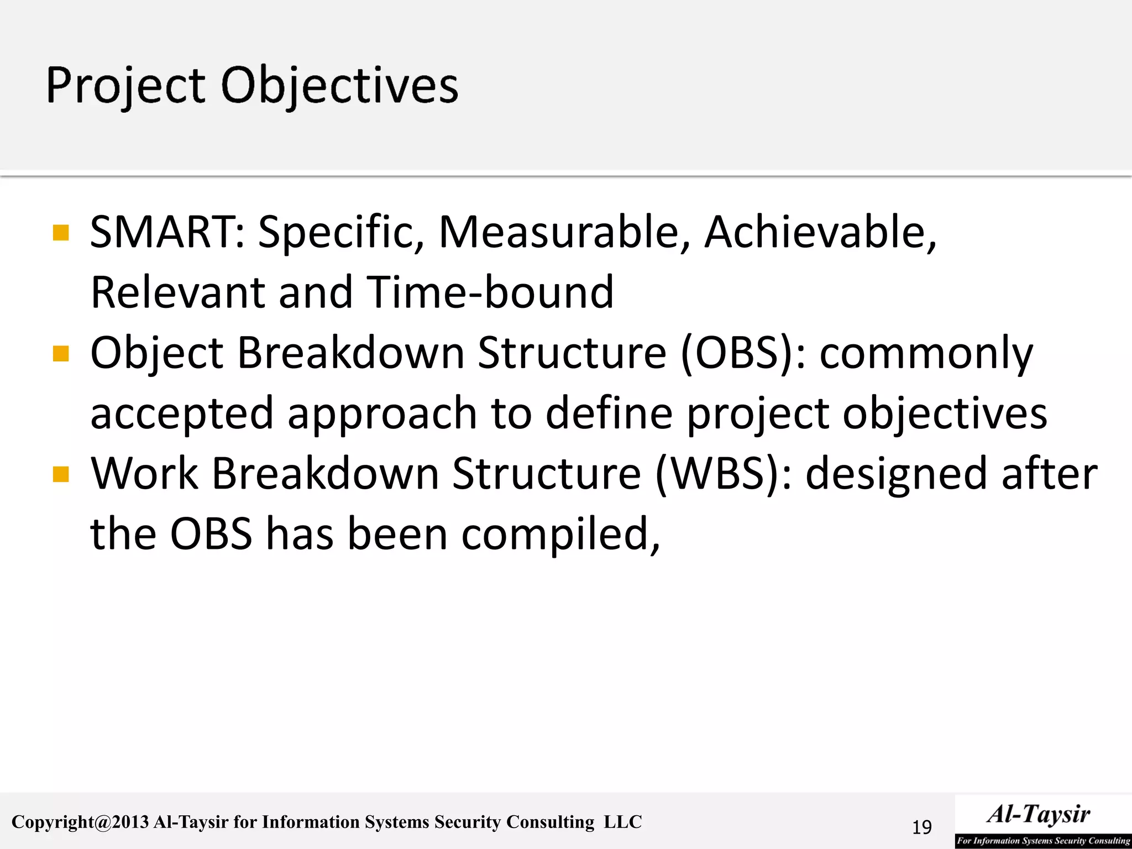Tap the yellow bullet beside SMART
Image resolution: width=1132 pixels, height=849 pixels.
pyautogui.click(x=61, y=233)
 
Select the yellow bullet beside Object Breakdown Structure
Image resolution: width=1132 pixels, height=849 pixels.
pyautogui.click(x=61, y=353)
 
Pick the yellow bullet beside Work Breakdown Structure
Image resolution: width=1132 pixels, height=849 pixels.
pyautogui.click(x=61, y=474)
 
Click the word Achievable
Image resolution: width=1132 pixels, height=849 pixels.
pyautogui.click(x=820, y=232)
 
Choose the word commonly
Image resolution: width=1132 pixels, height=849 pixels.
pyautogui.click(x=926, y=354)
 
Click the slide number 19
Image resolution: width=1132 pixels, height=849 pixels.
pyautogui.click(x=921, y=827)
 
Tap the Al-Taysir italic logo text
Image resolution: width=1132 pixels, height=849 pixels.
pyautogui.click(x=1039, y=814)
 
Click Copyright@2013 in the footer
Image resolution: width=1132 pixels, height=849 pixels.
pyautogui.click(x=81, y=822)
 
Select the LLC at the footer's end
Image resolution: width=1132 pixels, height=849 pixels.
pyautogui.click(x=623, y=822)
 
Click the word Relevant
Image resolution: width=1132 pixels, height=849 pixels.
pyautogui.click(x=177, y=292)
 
